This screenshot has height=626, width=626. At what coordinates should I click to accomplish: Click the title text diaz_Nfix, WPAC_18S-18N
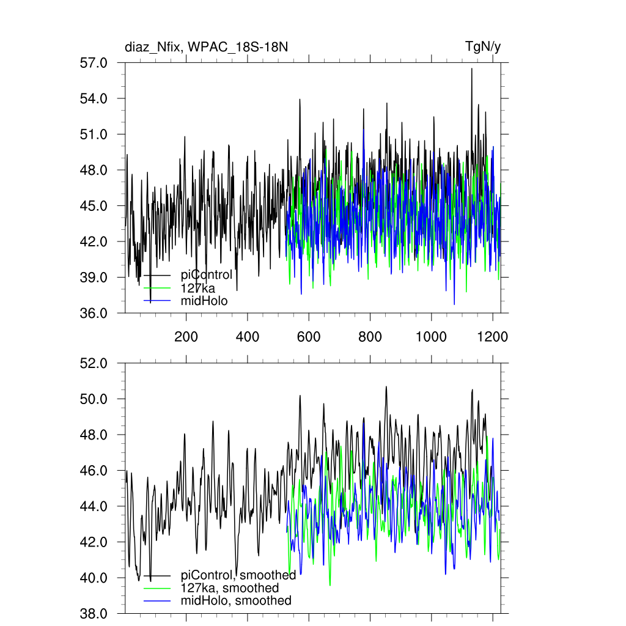click(206, 47)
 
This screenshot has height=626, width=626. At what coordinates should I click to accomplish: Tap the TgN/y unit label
click(483, 47)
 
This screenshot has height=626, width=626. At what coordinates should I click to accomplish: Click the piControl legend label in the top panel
click(207, 275)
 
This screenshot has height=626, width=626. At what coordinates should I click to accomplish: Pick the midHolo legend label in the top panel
click(204, 301)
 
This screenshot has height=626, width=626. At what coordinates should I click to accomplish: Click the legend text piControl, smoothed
click(238, 575)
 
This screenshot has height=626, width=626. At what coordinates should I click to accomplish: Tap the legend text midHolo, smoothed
click(236, 601)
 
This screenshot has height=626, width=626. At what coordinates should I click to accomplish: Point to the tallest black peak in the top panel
click(471, 69)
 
